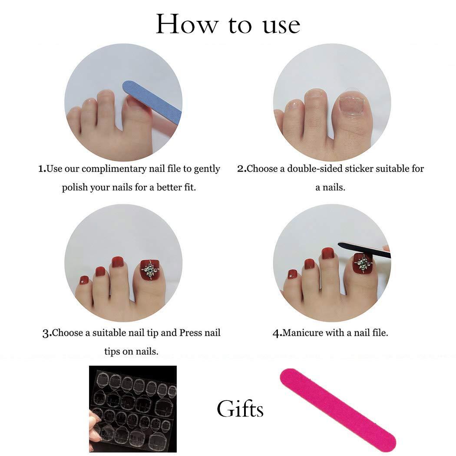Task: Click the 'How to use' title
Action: point(228,25)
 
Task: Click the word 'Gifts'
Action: point(240,410)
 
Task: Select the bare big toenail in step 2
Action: point(352,105)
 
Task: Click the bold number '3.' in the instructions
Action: point(47,334)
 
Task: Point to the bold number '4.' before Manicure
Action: point(277,334)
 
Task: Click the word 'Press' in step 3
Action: point(191,333)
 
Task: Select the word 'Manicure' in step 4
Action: point(302,333)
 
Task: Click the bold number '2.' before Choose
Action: point(241,169)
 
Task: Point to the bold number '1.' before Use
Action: point(42,169)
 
